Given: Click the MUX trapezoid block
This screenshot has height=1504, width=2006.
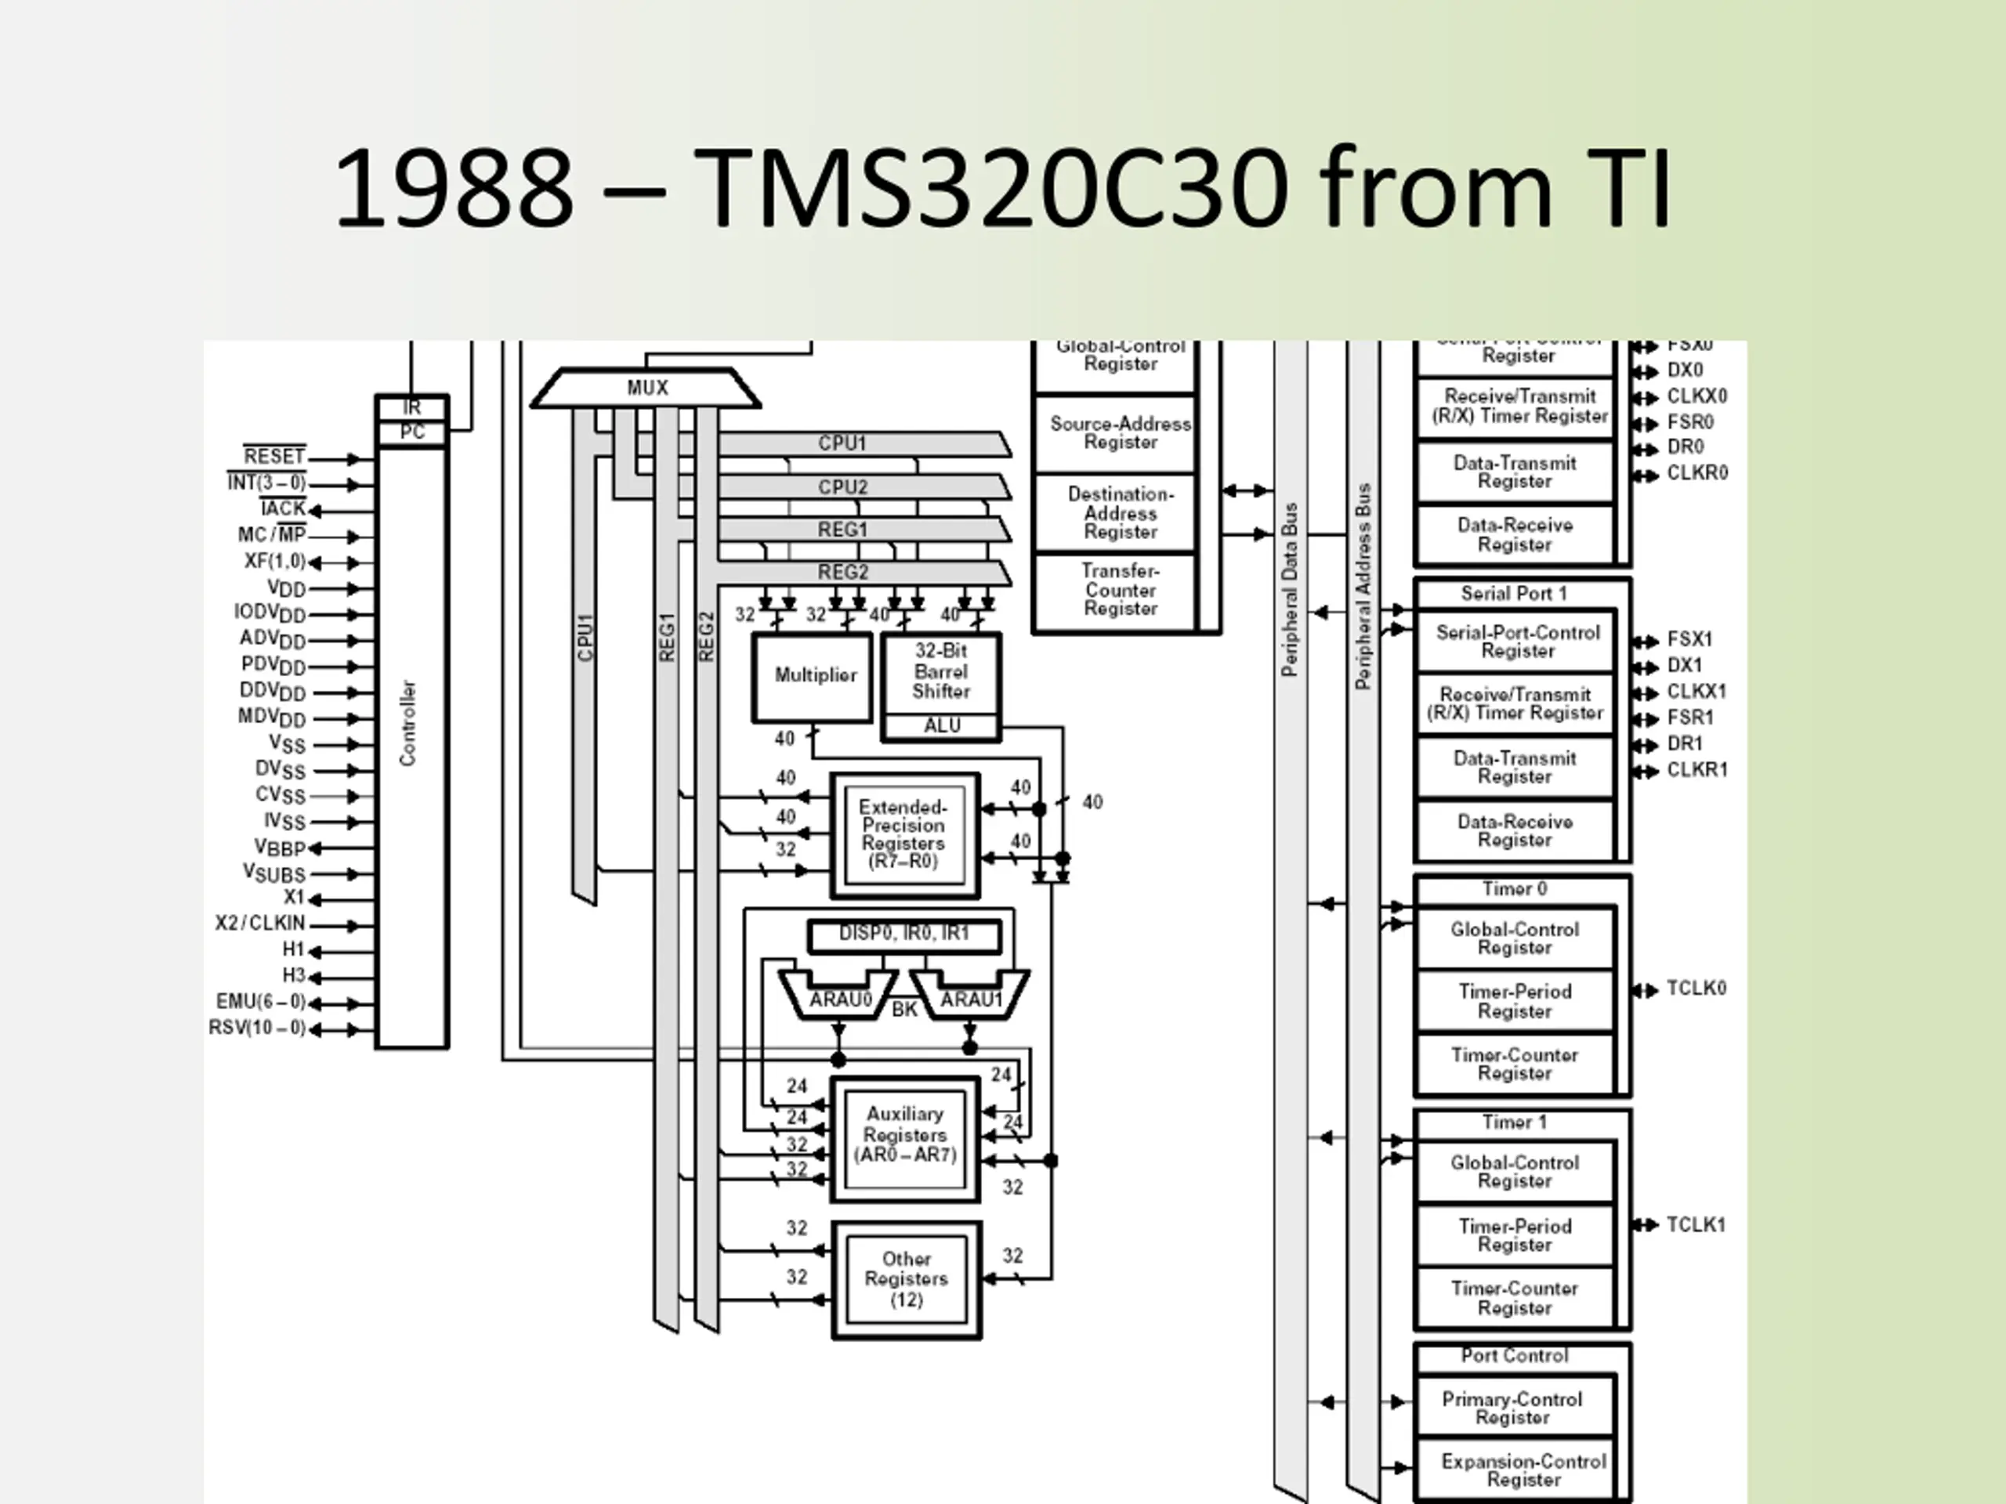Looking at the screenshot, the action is coord(646,388).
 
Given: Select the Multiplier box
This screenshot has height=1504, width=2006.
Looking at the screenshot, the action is coord(813,676).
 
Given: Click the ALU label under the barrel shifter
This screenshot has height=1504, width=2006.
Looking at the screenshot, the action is coord(940,726).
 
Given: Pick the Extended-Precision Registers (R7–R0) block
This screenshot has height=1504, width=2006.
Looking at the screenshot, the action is coord(904,834).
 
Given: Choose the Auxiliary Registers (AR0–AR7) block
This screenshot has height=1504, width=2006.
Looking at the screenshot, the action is coord(905,1137).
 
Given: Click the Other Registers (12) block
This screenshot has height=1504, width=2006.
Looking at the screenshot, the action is coord(906,1279).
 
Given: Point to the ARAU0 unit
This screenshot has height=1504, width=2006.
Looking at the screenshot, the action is coord(839,998).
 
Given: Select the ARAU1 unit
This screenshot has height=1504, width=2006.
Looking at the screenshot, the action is coord(970,998).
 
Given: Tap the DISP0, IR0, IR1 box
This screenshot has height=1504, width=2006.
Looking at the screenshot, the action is coord(904,935).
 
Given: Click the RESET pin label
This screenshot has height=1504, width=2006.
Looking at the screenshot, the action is coord(274,456).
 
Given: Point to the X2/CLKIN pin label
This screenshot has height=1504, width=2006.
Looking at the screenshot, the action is coord(260,924).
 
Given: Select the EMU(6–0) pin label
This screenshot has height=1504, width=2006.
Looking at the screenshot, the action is coord(260,1002).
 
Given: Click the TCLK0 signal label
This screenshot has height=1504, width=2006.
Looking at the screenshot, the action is coord(1696,988).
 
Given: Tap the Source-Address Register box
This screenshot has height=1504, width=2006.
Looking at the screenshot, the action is coord(1119,433).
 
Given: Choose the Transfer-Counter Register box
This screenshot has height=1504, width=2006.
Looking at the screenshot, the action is coord(1119,590).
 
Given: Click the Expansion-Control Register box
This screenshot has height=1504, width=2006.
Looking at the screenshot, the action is coord(1522,1470).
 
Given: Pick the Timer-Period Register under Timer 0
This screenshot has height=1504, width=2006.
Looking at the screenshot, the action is coord(1515,1001).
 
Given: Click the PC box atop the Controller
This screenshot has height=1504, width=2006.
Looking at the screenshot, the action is coord(411,432).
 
